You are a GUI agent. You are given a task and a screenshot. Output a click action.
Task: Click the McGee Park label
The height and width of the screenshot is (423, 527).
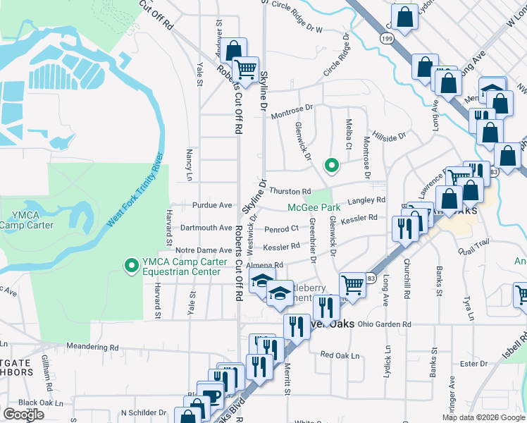tap(314, 207)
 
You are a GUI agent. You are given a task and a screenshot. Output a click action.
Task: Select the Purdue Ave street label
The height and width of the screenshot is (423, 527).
tap(212, 205)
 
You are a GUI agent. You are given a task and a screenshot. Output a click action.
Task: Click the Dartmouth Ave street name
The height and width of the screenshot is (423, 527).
tap(206, 228)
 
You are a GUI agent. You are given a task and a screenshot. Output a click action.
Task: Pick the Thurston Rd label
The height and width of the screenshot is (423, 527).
tap(290, 191)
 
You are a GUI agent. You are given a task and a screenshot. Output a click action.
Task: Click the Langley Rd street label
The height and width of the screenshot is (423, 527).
tap(367, 200)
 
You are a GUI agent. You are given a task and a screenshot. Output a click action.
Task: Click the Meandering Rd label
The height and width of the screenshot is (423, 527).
tap(92, 347)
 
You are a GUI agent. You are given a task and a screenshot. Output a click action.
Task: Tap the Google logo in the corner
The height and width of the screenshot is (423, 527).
tap(24, 414)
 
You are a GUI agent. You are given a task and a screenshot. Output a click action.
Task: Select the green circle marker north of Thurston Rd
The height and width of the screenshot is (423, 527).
tap(331, 166)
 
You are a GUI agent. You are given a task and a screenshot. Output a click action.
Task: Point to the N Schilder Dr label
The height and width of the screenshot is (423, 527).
tap(143, 412)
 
